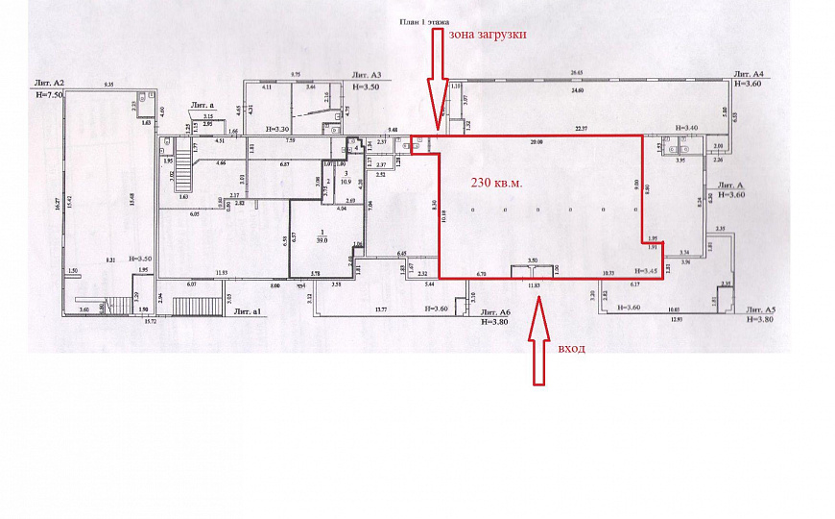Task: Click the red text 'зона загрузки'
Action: pyautogui.click(x=487, y=35)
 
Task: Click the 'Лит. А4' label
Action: pyautogui.click(x=748, y=74)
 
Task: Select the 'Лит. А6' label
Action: pyautogui.click(x=495, y=312)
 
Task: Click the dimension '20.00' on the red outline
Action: pyautogui.click(x=536, y=142)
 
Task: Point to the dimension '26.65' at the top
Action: pyautogui.click(x=576, y=72)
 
